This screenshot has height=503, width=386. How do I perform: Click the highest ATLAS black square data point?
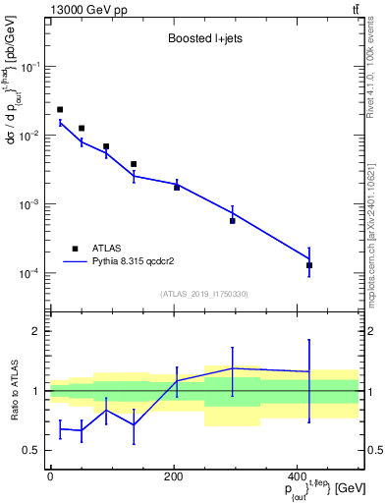60,109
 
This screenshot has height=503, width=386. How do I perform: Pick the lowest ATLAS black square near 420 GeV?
309,265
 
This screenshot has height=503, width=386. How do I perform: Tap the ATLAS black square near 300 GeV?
232,221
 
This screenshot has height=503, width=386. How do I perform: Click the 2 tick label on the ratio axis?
33,331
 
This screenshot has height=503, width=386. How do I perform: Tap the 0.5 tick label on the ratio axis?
29,451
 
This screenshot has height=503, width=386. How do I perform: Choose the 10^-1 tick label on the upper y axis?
27,67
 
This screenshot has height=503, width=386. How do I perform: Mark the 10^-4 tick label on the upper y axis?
27,273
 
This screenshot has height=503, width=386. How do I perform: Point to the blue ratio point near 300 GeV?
232,368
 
